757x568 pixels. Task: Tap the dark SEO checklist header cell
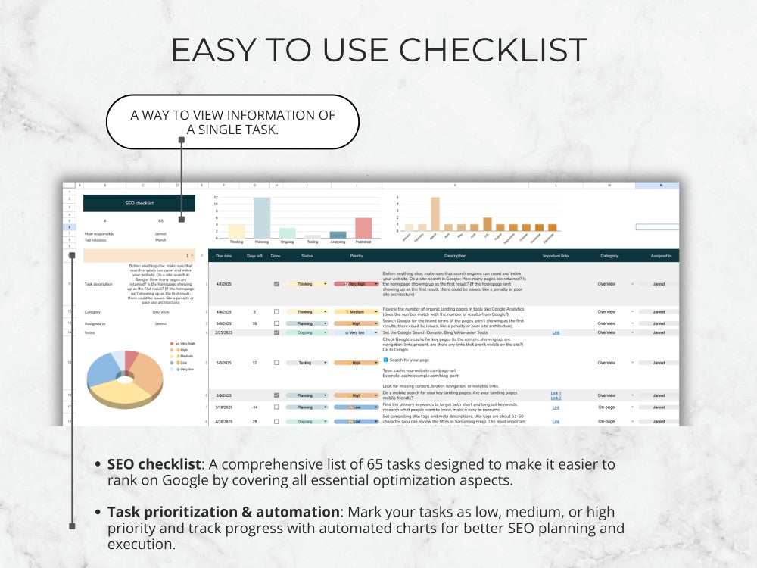pyautogui.click(x=139, y=203)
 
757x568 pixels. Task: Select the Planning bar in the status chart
pyautogui.click(x=262, y=218)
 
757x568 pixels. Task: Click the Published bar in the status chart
pyautogui.click(x=363, y=228)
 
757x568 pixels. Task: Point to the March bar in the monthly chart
pyautogui.click(x=435, y=214)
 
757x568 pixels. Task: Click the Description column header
pyautogui.click(x=455, y=256)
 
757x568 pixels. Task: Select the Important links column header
pyautogui.click(x=556, y=256)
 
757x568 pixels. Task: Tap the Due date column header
pyautogui.click(x=223, y=256)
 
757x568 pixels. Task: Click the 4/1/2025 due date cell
pyautogui.click(x=223, y=284)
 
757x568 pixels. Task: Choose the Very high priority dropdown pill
pyautogui.click(x=356, y=284)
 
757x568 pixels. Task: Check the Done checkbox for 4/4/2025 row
pyautogui.click(x=276, y=312)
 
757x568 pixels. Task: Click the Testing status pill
pyautogui.click(x=305, y=363)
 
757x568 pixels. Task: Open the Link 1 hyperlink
pyautogui.click(x=556, y=393)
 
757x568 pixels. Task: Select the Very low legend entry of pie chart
pyautogui.click(x=185, y=369)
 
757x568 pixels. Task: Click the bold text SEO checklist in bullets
pyautogui.click(x=154, y=464)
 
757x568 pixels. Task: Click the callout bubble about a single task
pyautogui.click(x=232, y=121)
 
